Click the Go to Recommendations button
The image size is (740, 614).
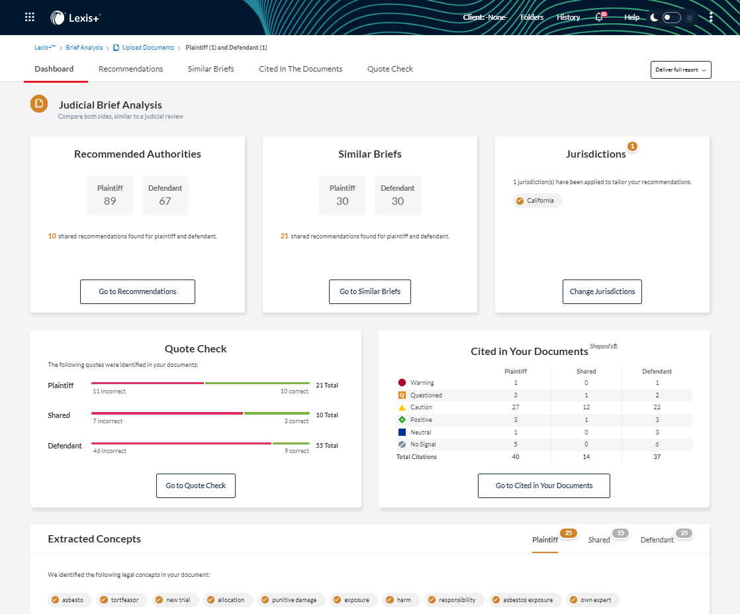click(138, 291)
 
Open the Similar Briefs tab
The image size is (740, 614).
click(210, 69)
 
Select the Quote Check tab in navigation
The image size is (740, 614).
click(390, 69)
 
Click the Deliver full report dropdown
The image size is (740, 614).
click(680, 70)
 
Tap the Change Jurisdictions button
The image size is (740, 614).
click(602, 291)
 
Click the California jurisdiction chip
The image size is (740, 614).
click(537, 201)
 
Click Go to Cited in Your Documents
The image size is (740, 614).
click(543, 486)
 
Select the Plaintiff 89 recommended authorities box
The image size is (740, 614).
click(110, 195)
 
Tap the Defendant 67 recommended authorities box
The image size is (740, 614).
click(165, 195)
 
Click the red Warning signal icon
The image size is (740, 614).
click(401, 383)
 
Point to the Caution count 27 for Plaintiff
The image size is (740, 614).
click(515, 407)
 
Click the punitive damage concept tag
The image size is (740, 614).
click(291, 600)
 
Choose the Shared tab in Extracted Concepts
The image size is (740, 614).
click(599, 540)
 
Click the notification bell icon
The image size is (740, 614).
click(599, 18)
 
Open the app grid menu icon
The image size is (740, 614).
click(30, 17)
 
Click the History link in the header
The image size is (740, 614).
click(568, 18)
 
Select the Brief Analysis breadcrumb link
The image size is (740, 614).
click(84, 48)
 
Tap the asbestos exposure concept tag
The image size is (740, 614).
click(525, 600)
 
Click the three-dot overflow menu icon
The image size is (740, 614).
click(711, 18)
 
